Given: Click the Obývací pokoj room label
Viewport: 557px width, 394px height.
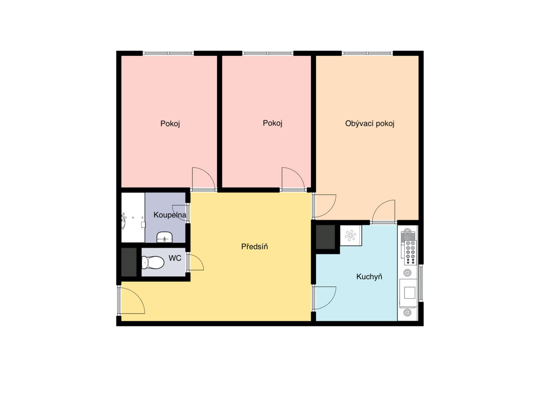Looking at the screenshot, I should click(369, 124).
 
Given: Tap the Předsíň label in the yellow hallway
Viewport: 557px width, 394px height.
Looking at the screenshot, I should click(254, 247).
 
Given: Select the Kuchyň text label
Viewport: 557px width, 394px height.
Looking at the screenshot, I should click(369, 277).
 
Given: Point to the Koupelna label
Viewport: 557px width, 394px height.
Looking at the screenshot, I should click(170, 215).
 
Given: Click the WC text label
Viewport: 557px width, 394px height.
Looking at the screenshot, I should click(175, 257).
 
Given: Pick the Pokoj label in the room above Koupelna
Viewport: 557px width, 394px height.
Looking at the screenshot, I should click(170, 124).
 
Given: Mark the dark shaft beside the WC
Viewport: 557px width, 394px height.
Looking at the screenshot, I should click(129, 263).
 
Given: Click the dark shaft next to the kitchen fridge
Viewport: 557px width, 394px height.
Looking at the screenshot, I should click(326, 237).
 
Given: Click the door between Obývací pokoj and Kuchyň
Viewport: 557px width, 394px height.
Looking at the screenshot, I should click(383, 212).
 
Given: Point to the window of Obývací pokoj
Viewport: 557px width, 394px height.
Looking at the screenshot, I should click(368, 53).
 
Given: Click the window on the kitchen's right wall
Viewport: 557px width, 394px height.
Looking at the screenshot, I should click(421, 282).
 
